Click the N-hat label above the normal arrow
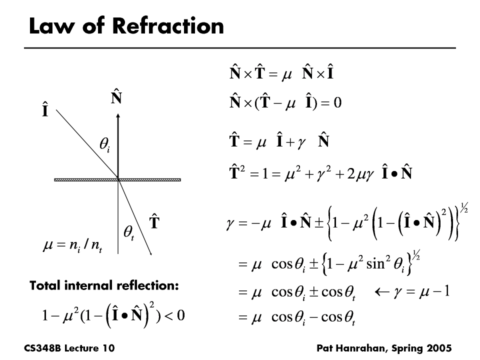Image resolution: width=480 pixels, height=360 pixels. point(116,97)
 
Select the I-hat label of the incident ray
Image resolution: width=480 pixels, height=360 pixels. point(45,110)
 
